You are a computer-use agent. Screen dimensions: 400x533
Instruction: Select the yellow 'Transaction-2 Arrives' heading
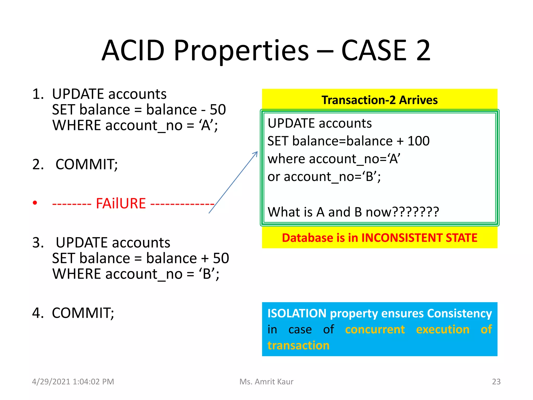379,100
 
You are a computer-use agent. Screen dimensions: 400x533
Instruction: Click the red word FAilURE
121,203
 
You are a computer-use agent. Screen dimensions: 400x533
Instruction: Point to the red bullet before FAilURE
35,203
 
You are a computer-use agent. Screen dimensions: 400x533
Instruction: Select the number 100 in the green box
418,141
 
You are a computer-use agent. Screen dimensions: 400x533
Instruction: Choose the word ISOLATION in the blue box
297,313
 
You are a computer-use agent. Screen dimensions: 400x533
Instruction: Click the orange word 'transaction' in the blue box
298,346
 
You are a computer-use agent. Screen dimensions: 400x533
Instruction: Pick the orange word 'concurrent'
375,329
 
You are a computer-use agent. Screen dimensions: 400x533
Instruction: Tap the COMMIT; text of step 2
87,164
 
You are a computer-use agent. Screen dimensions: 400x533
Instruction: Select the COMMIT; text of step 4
83,313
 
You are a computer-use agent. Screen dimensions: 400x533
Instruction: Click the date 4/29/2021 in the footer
51,382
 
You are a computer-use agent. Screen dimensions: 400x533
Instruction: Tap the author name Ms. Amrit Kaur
266,382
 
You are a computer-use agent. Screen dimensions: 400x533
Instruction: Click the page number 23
496,382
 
